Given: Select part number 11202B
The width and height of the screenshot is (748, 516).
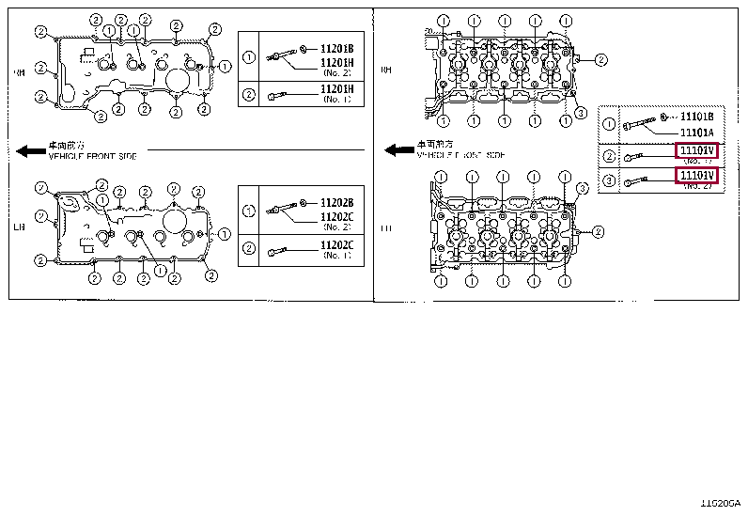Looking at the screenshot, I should click(336, 202).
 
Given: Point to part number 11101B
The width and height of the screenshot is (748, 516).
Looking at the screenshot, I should click(697, 117).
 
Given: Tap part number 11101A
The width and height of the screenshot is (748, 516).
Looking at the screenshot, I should click(697, 133).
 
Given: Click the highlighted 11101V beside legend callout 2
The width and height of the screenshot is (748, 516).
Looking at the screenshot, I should click(696, 150).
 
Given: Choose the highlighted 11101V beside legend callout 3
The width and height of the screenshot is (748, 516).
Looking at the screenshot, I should click(696, 175).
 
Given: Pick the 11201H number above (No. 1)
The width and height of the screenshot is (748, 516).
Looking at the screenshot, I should click(336, 88).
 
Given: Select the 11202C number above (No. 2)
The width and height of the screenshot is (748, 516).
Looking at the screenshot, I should click(336, 216).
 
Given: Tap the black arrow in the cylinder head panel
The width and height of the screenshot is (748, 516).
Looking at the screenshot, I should click(400, 149).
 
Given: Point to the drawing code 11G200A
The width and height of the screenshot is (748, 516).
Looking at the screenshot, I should click(721, 505).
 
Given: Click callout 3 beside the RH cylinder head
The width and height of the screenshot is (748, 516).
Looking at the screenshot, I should click(582, 113).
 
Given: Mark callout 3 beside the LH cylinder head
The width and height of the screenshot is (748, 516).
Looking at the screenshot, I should click(582, 189).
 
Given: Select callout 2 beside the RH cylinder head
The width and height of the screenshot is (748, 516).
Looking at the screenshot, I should click(601, 60).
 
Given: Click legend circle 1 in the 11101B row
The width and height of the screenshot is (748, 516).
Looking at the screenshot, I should click(610, 125).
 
